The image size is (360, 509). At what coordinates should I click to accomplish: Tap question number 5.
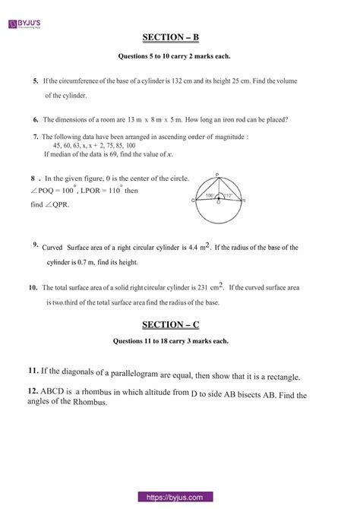[36, 80]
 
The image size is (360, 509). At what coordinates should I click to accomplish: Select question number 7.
[36, 137]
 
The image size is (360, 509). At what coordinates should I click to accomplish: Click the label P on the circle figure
[217, 173]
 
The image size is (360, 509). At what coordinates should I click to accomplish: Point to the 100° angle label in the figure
[209, 196]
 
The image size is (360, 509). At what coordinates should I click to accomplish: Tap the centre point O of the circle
[217, 204]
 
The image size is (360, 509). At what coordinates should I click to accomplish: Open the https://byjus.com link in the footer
[179, 497]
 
